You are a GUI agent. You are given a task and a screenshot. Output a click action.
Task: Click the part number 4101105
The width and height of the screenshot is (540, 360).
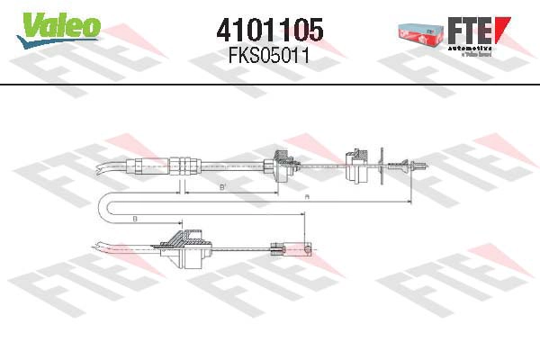click(270, 29)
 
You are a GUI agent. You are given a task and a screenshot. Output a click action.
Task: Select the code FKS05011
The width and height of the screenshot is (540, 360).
click(270, 56)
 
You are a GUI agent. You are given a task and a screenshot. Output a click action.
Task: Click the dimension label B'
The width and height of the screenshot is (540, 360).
click(222, 186)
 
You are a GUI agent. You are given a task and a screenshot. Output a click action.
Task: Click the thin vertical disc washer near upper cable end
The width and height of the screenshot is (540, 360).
click(385, 165)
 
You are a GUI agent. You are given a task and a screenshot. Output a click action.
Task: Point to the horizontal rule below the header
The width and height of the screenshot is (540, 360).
click(270, 84)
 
